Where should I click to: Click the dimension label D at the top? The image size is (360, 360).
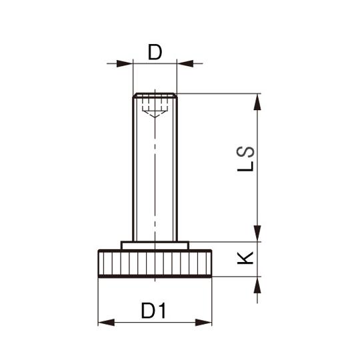pos(155,52)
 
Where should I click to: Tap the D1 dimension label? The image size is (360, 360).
pos(153,311)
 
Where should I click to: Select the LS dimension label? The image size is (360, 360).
pos(245,159)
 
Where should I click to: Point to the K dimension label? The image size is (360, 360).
pos(245,258)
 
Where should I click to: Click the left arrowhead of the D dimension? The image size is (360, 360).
pos(125,63)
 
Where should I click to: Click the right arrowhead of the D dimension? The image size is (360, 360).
pos(185,63)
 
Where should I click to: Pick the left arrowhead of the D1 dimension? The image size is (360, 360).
pos(106,323)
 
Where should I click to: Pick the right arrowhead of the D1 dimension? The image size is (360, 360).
pos(203,323)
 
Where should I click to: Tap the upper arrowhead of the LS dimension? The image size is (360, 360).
pos(257,102)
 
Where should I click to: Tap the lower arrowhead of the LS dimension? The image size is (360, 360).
pos(257,233)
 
